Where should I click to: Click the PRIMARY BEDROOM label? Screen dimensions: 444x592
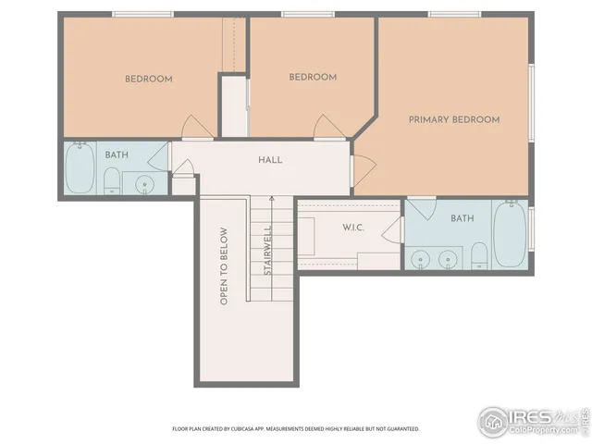454,119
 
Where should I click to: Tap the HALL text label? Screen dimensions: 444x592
270,160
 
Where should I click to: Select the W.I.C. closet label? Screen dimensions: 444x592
328,227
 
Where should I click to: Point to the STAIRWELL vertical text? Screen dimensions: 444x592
266,252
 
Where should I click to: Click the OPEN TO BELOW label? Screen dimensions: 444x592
223,265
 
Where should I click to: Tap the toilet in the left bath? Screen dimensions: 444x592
111,180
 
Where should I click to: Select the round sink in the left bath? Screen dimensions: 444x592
145,184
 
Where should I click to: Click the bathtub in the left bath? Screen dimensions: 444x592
80,169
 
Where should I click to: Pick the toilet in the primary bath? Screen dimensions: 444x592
478,254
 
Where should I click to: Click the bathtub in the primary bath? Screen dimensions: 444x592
510,235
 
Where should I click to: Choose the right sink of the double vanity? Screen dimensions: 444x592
450,258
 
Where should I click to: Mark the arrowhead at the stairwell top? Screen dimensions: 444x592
272,198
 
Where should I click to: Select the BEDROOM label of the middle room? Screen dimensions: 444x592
313,78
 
